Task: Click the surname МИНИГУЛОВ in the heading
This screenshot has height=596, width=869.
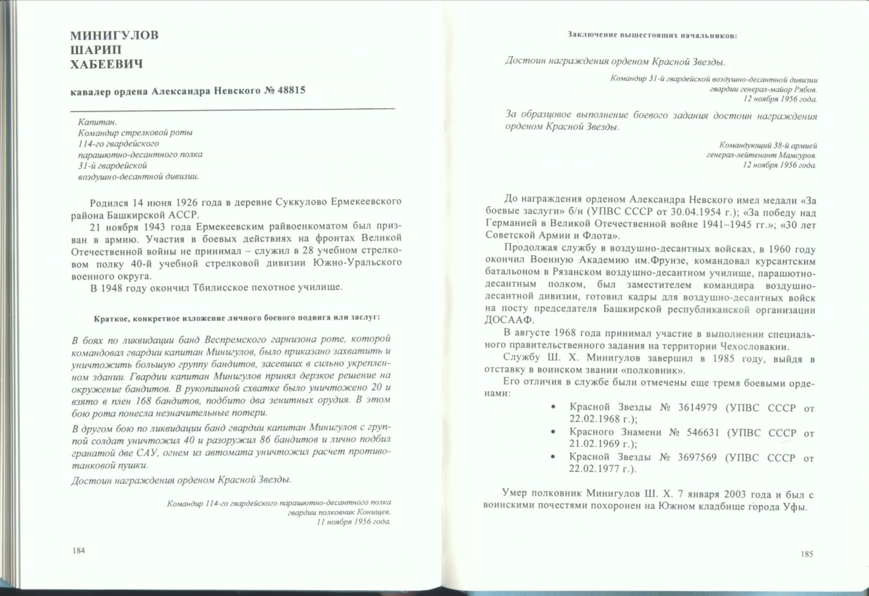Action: click(x=114, y=35)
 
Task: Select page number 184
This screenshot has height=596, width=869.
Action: click(x=79, y=551)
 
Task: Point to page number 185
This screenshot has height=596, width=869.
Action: click(x=807, y=553)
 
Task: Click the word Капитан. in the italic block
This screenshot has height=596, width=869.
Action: click(x=97, y=122)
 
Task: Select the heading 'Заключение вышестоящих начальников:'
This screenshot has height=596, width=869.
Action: click(x=652, y=35)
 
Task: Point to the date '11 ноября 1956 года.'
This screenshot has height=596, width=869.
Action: click(x=354, y=521)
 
